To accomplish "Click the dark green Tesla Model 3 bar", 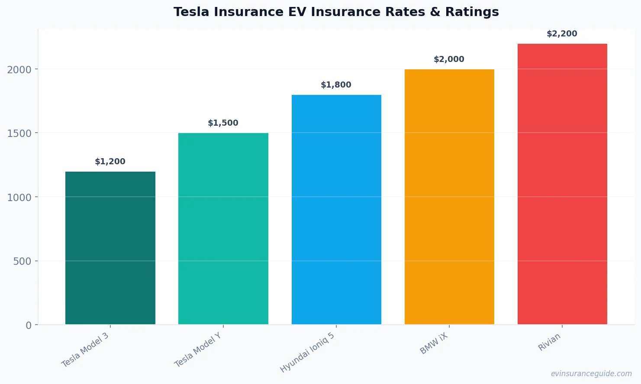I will (x=110, y=248).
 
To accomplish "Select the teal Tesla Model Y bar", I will (x=223, y=228).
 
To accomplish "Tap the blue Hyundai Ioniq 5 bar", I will (x=336, y=209).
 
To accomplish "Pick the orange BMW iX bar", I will (x=449, y=197).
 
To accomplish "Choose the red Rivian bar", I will (x=562, y=184).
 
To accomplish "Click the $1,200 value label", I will (x=110, y=162).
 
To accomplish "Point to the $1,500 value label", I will (x=223, y=123).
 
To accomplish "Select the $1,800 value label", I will (x=336, y=85).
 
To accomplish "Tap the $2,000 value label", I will (x=449, y=59).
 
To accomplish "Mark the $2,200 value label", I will (x=562, y=34).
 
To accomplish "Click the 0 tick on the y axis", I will (x=29, y=325).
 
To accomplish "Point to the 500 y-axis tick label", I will (x=23, y=261).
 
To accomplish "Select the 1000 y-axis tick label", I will (x=19, y=198).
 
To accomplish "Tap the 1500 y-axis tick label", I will (x=19, y=133).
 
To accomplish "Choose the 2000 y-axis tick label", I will (x=19, y=70).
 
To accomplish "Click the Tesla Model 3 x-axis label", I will (x=85, y=350).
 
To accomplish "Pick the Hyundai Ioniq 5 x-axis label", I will (x=307, y=353).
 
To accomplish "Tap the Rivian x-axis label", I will (x=549, y=342).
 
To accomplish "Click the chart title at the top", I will (x=336, y=12).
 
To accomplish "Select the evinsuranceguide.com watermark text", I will (x=591, y=374).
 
